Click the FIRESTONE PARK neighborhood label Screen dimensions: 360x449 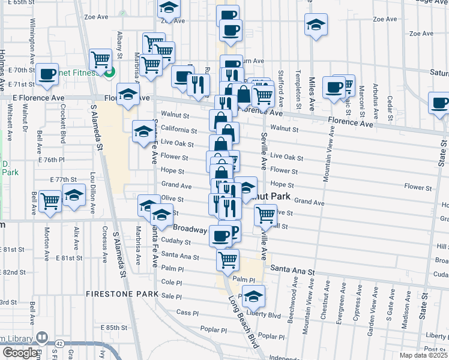pyautogui.click(x=121, y=295)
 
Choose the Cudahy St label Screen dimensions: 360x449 pyautogui.click(x=176, y=242)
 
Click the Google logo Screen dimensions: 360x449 pyautogui.click(x=20, y=353)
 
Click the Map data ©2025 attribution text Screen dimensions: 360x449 pyautogui.click(x=423, y=355)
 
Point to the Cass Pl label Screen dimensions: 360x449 pyautogui.click(x=187, y=313)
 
